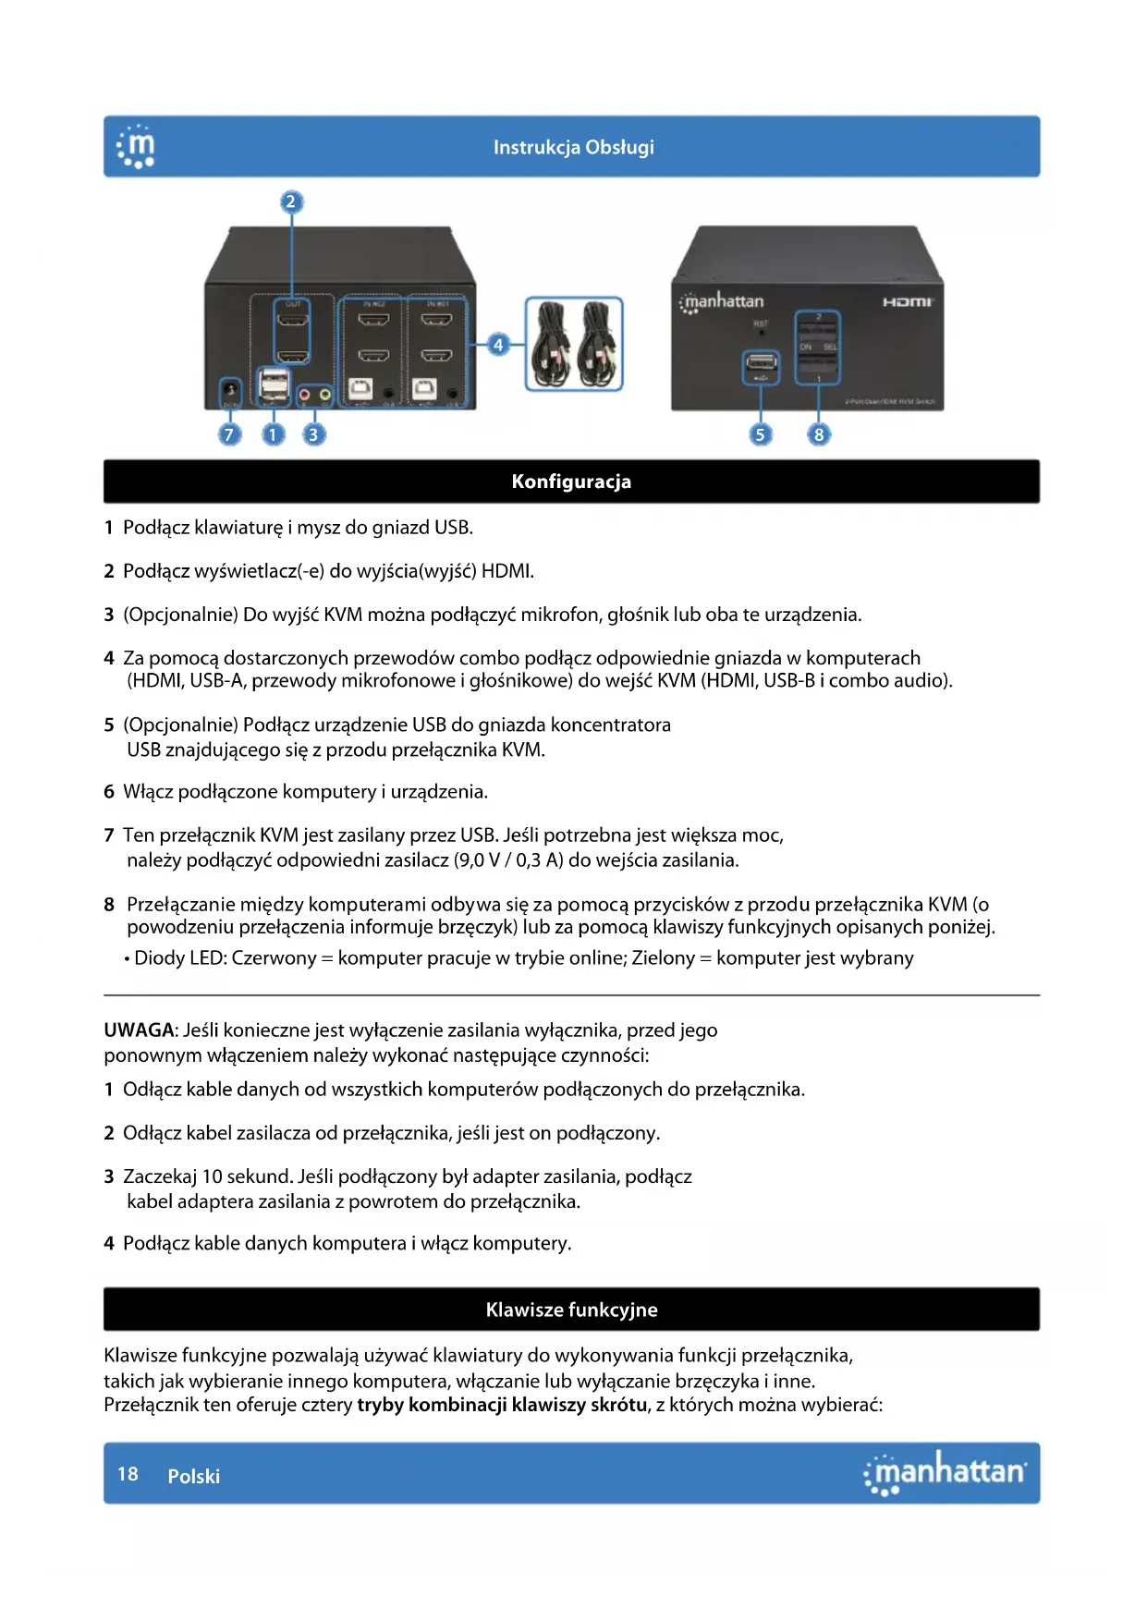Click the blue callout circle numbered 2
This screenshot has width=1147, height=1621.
point(291,202)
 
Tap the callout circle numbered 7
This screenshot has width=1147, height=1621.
point(229,433)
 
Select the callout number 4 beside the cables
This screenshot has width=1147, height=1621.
point(498,345)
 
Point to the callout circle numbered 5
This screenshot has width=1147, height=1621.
point(760,434)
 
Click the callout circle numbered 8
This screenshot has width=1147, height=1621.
point(818,434)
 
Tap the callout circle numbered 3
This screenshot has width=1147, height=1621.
point(313,433)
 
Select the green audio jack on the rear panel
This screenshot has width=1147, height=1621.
point(324,396)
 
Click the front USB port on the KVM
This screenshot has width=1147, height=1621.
point(761,367)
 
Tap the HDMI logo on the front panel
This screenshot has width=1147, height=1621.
point(908,302)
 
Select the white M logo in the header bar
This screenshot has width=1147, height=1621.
point(137,148)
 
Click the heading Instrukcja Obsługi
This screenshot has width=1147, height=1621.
point(573,147)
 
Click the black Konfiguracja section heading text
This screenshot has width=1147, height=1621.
point(571,481)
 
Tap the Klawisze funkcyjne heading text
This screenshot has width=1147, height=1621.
point(571,1310)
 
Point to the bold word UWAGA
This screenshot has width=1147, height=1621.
point(139,1030)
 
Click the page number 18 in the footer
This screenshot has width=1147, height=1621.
point(128,1474)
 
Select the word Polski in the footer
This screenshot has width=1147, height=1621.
point(194,1476)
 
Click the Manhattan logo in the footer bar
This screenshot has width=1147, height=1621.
point(945,1472)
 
